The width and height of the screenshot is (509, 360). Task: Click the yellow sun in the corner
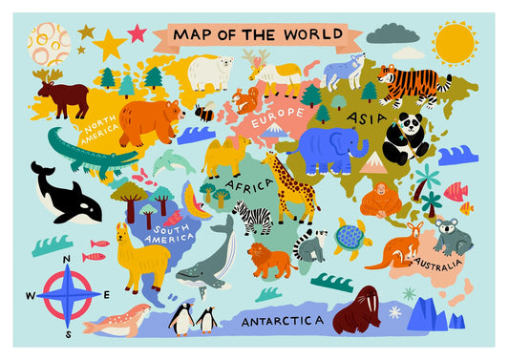click(455, 43)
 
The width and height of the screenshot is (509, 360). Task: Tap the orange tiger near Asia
click(413, 82)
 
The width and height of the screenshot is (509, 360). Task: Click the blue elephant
click(329, 147)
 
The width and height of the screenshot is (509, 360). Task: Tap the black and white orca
click(64, 196)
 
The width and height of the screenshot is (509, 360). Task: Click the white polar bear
click(209, 72)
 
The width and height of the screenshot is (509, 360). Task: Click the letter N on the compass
click(66, 260)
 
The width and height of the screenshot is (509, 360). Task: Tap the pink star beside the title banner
click(137, 33)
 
